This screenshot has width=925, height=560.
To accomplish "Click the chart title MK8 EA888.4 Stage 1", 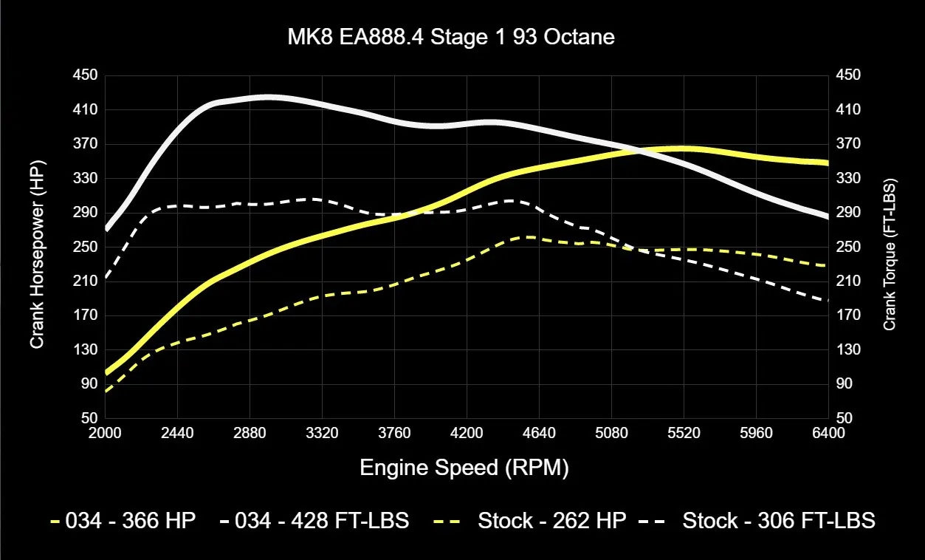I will [x=450, y=37].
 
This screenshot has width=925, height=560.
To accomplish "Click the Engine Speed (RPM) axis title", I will [x=464, y=468].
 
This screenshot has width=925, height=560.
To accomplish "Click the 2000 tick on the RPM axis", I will [x=105, y=434].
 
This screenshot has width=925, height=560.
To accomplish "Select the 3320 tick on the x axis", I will [x=322, y=434].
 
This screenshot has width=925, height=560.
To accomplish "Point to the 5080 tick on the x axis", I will [x=611, y=434].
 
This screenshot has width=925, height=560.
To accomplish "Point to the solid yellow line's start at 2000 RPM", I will [x=106, y=372].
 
